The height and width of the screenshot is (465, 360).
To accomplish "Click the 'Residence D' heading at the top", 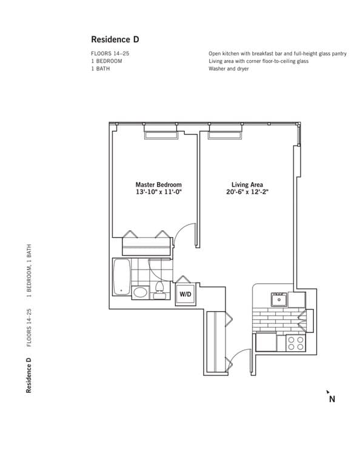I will coord(115,39).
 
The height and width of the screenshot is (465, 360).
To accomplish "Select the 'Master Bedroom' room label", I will coord(158,185).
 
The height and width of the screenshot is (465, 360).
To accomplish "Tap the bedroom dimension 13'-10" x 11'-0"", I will coord(158,193).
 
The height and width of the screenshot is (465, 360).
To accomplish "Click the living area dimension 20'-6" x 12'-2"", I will coord(247,193).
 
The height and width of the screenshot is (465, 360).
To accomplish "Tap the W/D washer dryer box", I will coord(184,295).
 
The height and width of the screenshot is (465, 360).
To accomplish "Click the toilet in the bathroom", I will coord(159,290).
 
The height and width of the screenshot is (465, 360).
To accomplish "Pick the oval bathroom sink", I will coord(140,293).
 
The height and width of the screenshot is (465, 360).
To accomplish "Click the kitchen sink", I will coord(279,298).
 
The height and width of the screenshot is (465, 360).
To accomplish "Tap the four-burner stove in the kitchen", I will coord(295,343).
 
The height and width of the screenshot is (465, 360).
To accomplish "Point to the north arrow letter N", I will coord(332,399).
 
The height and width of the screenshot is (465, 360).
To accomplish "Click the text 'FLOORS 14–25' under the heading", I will coord(110,54).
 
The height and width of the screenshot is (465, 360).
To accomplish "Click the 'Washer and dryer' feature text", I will coord(228,68).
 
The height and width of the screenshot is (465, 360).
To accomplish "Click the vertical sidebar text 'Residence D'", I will coord(28,376).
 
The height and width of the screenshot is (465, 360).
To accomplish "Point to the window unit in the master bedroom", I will coord(161,133).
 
